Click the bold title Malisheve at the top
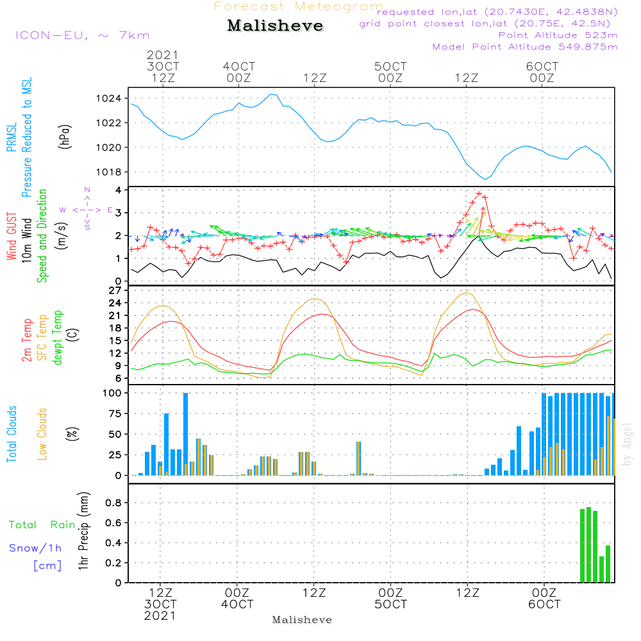click(x=276, y=26)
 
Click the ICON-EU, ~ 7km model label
click(x=82, y=35)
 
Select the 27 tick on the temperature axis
click(x=116, y=290)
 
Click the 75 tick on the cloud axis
click(x=116, y=414)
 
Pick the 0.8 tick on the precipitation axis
click(x=113, y=503)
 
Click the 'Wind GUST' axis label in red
click(x=12, y=237)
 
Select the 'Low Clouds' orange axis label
click(x=43, y=434)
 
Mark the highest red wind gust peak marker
click(x=479, y=193)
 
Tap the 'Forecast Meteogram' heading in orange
click(x=299, y=6)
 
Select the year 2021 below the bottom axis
click(x=160, y=616)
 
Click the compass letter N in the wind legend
click(x=87, y=190)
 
